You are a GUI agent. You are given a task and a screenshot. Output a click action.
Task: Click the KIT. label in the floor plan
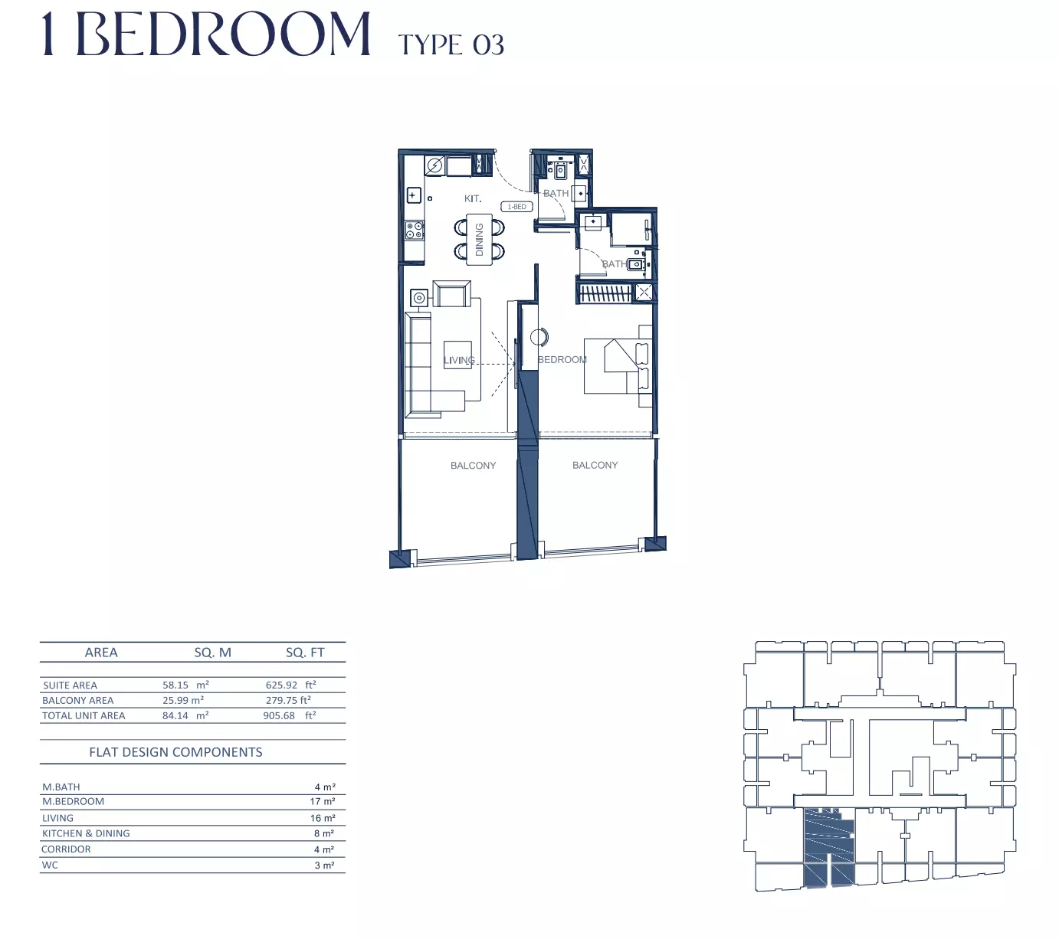click(x=472, y=198)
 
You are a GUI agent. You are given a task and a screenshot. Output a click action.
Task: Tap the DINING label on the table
click(x=479, y=240)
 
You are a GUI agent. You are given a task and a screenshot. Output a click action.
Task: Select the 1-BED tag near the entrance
click(x=516, y=207)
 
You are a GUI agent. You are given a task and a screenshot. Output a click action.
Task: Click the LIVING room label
click(x=459, y=360)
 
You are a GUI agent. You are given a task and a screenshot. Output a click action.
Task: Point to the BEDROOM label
click(x=562, y=359)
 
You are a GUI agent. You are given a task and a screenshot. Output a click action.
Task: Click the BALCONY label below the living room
click(x=473, y=466)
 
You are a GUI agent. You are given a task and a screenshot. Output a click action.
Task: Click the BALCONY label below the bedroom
click(x=595, y=465)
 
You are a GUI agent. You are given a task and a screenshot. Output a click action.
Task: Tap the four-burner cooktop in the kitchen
click(x=415, y=231)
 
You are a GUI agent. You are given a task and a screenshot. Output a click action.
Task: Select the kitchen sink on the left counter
click(x=414, y=196)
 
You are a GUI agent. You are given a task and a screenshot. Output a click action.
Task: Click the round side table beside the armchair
click(x=419, y=299)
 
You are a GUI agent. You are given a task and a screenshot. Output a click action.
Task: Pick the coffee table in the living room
click(x=457, y=355)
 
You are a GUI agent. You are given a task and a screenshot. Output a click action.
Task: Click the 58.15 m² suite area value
click(x=185, y=685)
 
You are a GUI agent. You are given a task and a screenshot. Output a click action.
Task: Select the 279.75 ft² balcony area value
click(x=288, y=700)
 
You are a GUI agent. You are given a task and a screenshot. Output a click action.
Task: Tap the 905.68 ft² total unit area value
click(x=290, y=715)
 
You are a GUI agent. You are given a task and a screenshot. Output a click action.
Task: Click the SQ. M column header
click(x=212, y=653)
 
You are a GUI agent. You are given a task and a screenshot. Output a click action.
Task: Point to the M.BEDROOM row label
click(x=73, y=801)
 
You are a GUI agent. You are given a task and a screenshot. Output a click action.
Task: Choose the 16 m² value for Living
click(x=323, y=818)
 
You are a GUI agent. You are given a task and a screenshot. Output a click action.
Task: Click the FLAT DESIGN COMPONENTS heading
click(x=175, y=752)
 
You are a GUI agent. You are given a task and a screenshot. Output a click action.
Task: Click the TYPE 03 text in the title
click(x=451, y=44)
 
